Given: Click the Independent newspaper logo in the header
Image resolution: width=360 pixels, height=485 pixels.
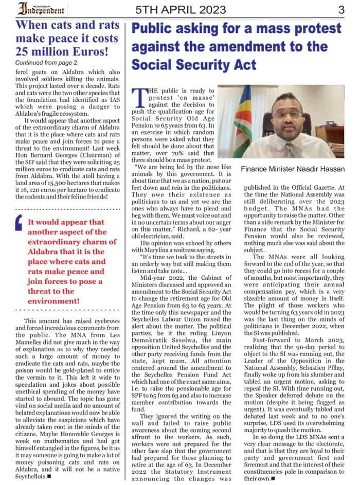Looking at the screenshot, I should pyautogui.click(x=41, y=9).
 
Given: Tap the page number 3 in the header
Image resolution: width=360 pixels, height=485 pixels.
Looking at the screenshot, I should pyautogui.click(x=341, y=9).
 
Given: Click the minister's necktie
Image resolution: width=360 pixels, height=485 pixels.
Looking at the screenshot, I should pyautogui.click(x=291, y=149).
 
